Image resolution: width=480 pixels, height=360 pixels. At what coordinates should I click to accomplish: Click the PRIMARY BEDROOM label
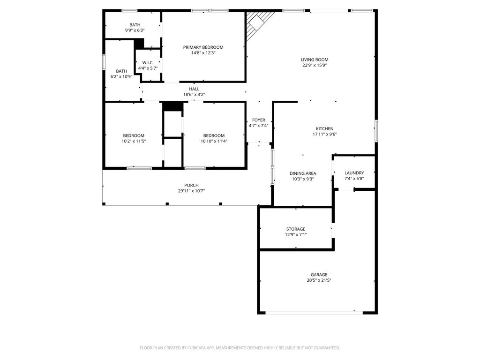point(203,47)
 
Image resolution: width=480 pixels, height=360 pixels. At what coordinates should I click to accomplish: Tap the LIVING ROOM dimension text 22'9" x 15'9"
point(315,65)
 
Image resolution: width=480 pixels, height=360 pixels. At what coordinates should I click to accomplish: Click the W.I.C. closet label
point(148,63)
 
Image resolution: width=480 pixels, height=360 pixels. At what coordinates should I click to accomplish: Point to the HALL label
point(194,89)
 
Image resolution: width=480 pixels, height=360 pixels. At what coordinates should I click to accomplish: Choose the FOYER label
point(259,120)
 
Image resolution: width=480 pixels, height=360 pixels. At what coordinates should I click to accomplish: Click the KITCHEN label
point(325,128)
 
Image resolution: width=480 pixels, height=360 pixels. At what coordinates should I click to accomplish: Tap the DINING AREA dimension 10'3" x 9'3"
point(303,179)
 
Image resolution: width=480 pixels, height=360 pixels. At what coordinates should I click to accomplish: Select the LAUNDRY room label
point(354,173)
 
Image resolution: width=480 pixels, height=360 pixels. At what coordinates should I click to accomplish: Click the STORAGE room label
point(296,229)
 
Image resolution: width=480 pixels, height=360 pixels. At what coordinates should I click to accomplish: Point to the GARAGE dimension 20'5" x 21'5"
point(319,280)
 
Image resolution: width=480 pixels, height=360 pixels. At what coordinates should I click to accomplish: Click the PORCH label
point(191,185)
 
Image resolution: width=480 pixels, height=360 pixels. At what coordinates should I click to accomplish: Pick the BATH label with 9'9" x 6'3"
point(135,25)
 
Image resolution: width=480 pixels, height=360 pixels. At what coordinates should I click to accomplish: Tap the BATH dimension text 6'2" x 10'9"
point(121,76)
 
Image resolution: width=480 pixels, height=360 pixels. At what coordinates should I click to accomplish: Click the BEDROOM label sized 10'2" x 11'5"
point(134,135)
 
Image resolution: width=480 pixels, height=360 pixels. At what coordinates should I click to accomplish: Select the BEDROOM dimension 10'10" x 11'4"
point(214,141)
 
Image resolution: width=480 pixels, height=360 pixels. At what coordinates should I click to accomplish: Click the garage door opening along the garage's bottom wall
point(314,313)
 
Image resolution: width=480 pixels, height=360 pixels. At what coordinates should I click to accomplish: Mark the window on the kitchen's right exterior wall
point(376,131)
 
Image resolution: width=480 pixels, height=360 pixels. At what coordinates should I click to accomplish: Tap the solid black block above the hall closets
point(172,106)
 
